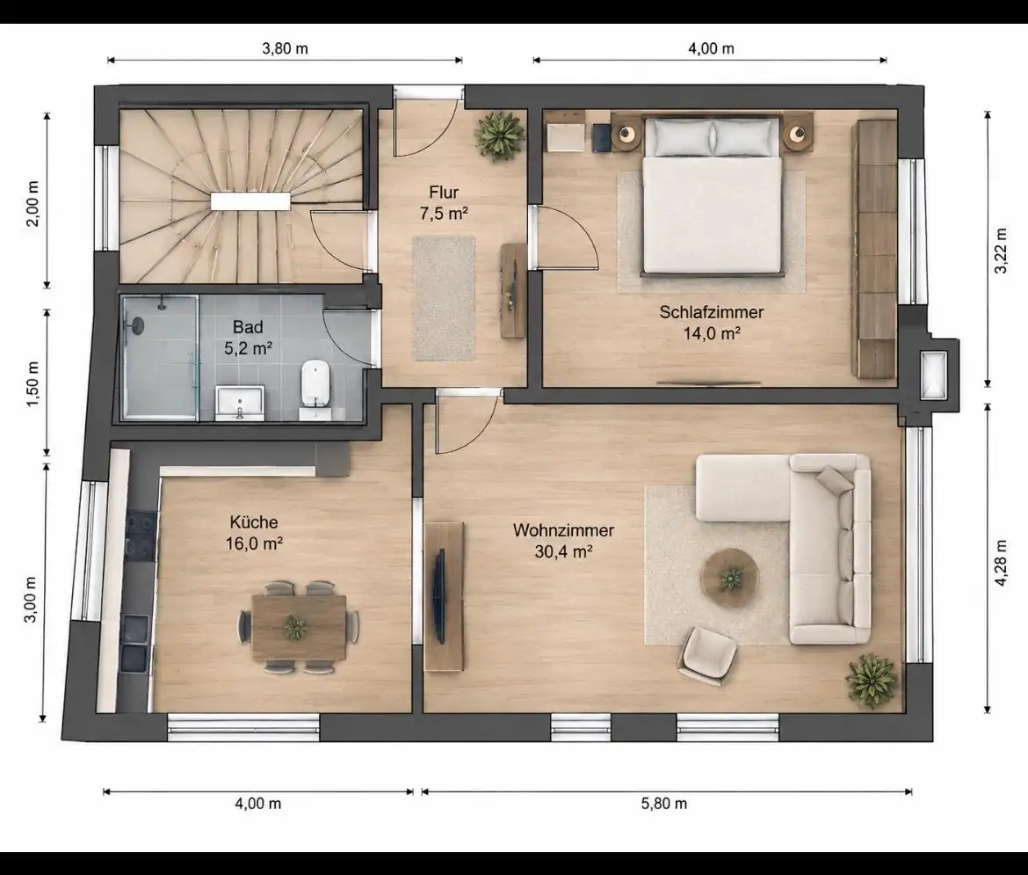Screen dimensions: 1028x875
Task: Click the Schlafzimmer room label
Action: point(712,312)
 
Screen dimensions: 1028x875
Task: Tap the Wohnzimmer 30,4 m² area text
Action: point(563,551)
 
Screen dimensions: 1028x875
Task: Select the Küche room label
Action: point(254,521)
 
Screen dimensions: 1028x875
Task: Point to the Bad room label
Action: point(248,327)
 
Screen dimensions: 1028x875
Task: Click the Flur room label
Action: point(444,193)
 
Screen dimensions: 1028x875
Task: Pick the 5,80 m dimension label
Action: point(664,804)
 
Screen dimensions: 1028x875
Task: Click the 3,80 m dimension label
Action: point(285,48)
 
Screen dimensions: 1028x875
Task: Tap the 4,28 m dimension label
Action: point(1001,563)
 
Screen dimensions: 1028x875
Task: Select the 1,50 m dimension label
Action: point(33,383)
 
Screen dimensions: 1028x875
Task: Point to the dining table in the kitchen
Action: point(299,627)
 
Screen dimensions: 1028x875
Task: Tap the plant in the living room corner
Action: point(872,680)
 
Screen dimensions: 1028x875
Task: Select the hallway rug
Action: point(443,298)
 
